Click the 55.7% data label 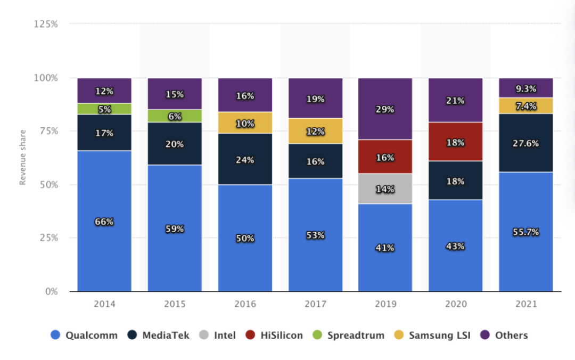pos(526,232)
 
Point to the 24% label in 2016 pos(245,160)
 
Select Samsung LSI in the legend pos(433,336)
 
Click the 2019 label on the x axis pos(385,305)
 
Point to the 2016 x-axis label pos(245,305)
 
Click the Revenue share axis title pos(23,157)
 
